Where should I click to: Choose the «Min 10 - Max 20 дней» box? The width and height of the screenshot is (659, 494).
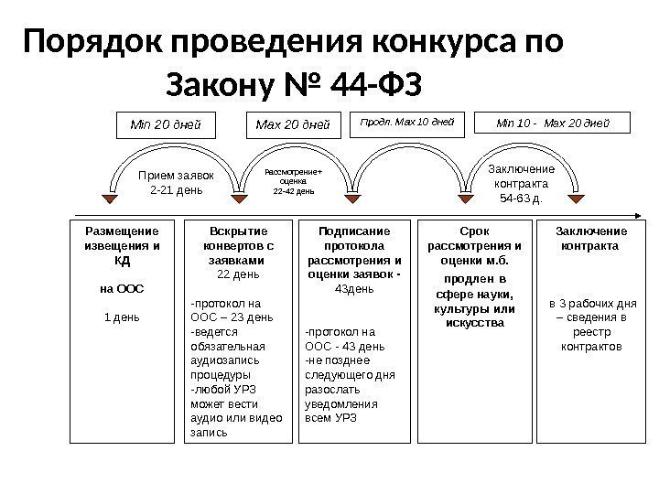pos(552,122)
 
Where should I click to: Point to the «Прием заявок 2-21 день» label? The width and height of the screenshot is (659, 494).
pos(175,182)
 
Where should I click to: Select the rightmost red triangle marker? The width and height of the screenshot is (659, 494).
pos(577,199)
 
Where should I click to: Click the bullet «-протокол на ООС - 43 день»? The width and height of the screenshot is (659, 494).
pos(345,339)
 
